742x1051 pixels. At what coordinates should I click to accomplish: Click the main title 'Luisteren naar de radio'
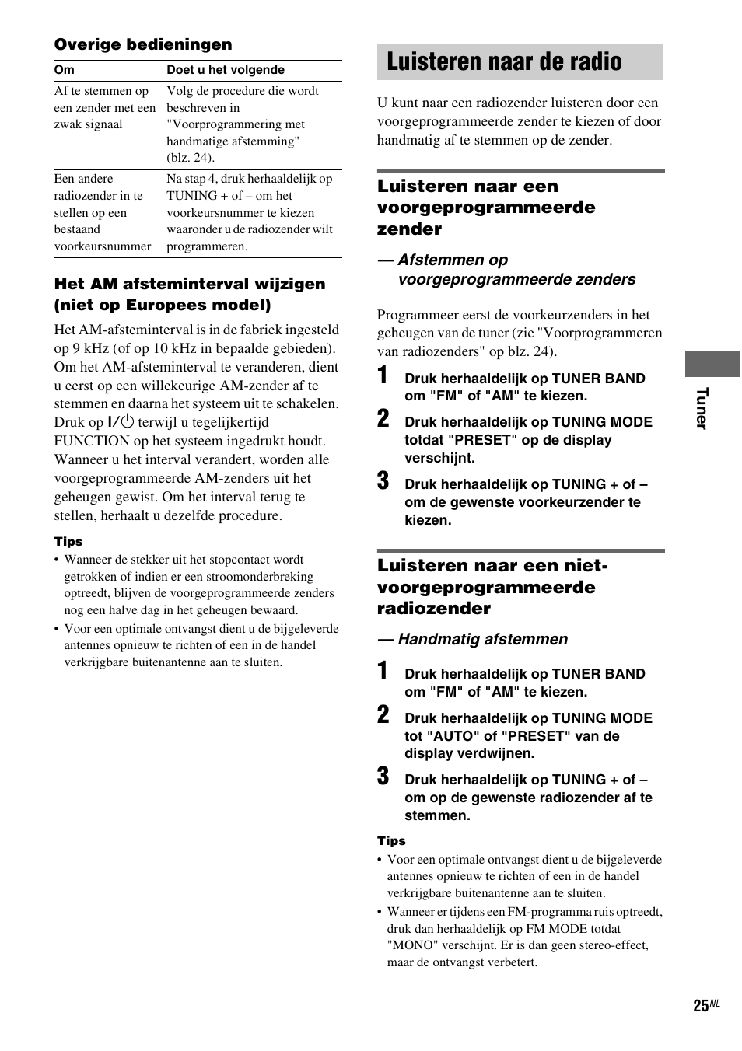tap(504, 62)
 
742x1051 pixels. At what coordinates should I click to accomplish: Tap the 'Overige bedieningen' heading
tap(143, 45)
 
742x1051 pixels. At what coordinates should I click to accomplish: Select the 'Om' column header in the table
tap(65, 70)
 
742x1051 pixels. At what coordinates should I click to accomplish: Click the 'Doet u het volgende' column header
tap(226, 70)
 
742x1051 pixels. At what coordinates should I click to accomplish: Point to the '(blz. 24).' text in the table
tap(191, 158)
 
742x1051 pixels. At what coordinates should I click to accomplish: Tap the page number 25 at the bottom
tap(701, 1006)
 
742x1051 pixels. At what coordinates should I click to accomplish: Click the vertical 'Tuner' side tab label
tap(702, 408)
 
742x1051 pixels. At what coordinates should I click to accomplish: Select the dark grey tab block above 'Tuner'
tap(712, 364)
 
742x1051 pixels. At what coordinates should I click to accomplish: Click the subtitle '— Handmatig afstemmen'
tap(473, 639)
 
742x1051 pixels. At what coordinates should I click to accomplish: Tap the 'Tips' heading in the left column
tap(68, 542)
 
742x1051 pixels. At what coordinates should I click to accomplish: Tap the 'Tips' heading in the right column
tap(391, 841)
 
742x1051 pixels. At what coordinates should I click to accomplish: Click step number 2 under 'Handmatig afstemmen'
tap(383, 715)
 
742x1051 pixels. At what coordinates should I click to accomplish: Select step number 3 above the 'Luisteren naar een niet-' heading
tap(383, 481)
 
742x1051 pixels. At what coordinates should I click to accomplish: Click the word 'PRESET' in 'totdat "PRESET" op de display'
tap(486, 440)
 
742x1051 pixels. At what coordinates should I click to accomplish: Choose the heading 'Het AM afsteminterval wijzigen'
tap(190, 285)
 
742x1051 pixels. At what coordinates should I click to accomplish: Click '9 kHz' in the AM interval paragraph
tap(91, 348)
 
